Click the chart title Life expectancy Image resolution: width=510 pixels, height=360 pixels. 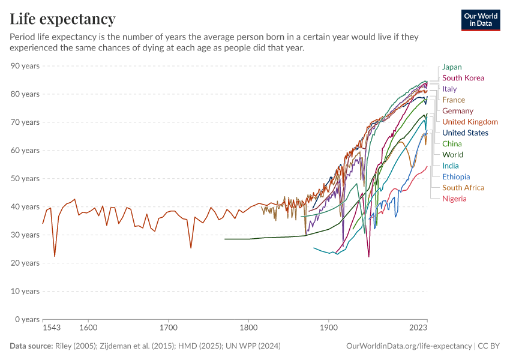[x=62, y=19]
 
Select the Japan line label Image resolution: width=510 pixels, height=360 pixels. [x=452, y=67]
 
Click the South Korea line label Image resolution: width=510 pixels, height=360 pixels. [x=463, y=78]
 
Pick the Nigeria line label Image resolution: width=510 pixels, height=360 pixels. [x=454, y=199]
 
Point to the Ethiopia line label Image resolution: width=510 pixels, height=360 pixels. [x=456, y=177]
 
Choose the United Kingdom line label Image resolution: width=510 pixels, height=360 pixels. [x=470, y=122]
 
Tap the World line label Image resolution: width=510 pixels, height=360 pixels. [x=452, y=155]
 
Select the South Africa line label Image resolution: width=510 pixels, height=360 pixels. [x=463, y=188]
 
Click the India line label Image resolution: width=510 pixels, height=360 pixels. [x=451, y=166]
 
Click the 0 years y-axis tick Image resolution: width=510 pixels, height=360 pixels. [x=27, y=319]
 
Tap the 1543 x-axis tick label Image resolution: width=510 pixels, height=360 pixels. [x=52, y=329]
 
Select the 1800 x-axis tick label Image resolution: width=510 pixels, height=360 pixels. [x=248, y=329]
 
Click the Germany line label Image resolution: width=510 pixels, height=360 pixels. [x=458, y=111]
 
